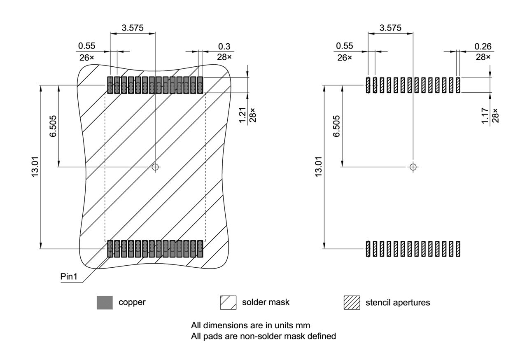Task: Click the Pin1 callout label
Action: (68, 276)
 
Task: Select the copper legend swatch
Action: (105, 302)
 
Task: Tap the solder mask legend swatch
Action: (229, 302)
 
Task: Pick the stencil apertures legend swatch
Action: (352, 303)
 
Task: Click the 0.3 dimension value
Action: (224, 47)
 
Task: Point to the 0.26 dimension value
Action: (483, 47)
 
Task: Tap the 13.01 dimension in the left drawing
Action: (35, 167)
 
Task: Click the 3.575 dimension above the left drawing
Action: (133, 28)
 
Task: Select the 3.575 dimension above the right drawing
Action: (390, 28)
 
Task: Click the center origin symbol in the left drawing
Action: (155, 167)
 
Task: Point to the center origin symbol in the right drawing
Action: (413, 167)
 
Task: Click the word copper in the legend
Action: (132, 302)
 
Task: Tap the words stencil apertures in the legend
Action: (398, 303)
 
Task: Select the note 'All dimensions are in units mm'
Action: (250, 325)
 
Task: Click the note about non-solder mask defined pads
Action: (263, 336)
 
